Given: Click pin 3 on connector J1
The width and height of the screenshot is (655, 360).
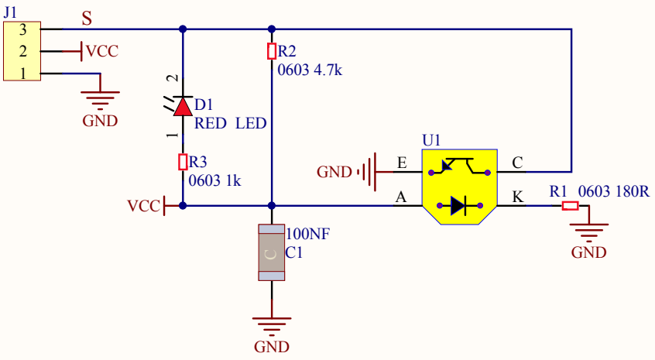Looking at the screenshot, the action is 22,29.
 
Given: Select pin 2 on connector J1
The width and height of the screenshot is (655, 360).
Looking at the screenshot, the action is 22,51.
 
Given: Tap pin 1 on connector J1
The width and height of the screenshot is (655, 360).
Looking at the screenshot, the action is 22,74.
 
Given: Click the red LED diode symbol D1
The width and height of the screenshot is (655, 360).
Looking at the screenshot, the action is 183,106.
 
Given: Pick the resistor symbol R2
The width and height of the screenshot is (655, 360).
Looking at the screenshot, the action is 272,51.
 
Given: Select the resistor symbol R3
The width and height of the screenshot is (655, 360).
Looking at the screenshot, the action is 183,162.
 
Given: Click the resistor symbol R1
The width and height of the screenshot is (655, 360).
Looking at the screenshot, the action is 570,205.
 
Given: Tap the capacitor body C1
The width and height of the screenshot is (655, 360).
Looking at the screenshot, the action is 272,252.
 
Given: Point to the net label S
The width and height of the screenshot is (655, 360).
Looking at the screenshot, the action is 87,19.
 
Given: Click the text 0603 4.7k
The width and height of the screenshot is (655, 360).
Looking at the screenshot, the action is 310,70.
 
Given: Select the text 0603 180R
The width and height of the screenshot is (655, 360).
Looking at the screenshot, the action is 614,191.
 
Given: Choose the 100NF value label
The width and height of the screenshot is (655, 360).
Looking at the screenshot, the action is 307,234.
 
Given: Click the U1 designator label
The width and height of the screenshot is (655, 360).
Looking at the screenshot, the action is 431,140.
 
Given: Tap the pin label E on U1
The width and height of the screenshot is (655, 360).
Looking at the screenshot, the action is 402,163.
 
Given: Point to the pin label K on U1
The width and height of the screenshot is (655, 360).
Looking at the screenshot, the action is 517,197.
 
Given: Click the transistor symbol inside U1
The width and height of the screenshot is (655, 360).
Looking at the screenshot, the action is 459,166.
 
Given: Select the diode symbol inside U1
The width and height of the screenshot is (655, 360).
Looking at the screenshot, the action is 459,205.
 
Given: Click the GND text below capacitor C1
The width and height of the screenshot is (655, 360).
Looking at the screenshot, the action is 272,347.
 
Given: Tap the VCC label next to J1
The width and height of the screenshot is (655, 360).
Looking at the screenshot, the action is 102,51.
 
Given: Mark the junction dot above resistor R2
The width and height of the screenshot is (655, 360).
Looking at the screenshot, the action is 272,29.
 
